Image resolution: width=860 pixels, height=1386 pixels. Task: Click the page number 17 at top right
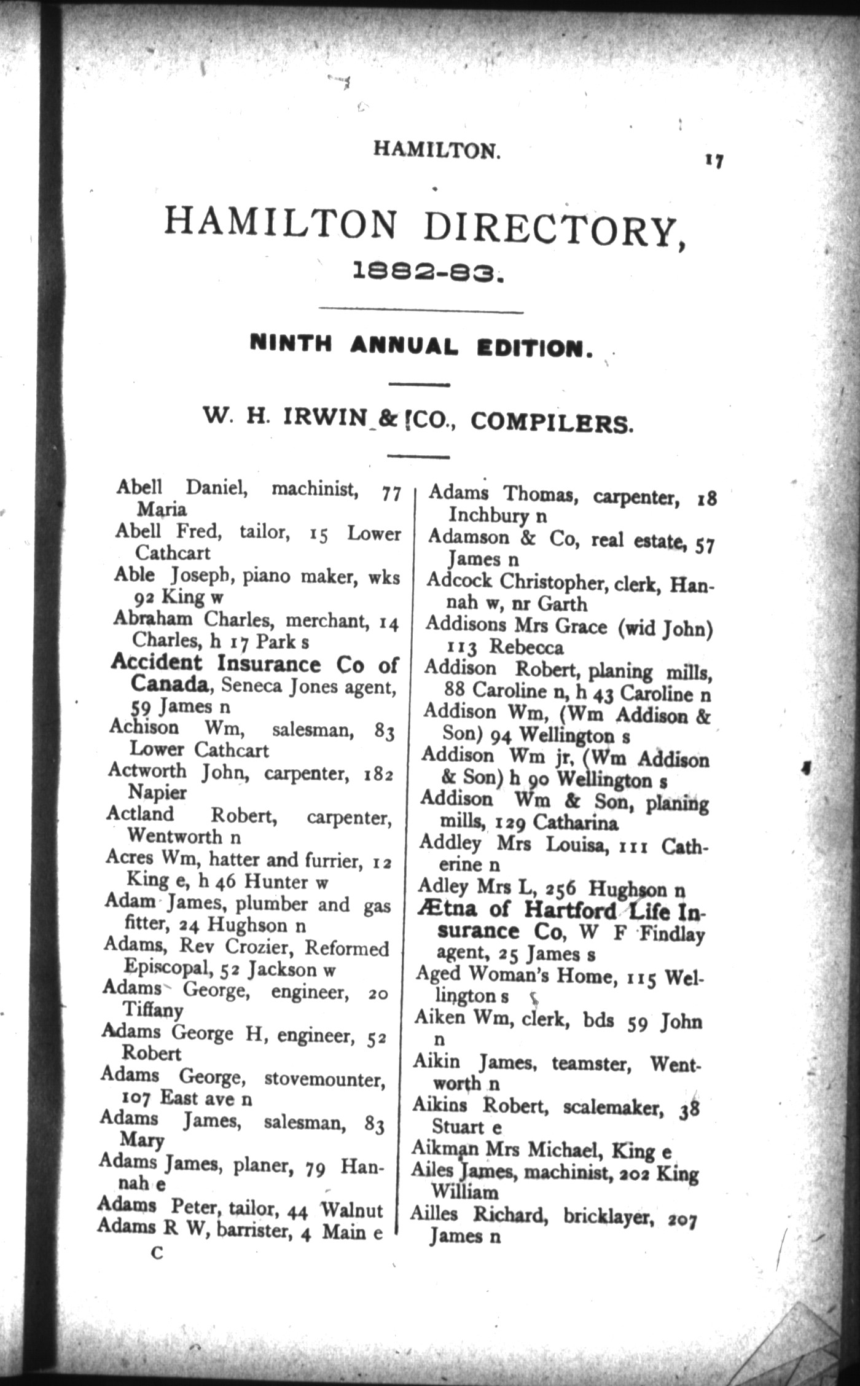tap(714, 161)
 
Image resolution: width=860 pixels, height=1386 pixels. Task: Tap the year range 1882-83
tap(428, 271)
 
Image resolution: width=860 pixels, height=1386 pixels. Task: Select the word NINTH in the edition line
tap(291, 343)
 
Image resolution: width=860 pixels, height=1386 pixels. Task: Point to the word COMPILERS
tap(551, 423)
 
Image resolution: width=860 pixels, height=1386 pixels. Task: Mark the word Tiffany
tap(153, 1010)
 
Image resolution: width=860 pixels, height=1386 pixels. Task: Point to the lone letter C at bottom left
tap(157, 1254)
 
